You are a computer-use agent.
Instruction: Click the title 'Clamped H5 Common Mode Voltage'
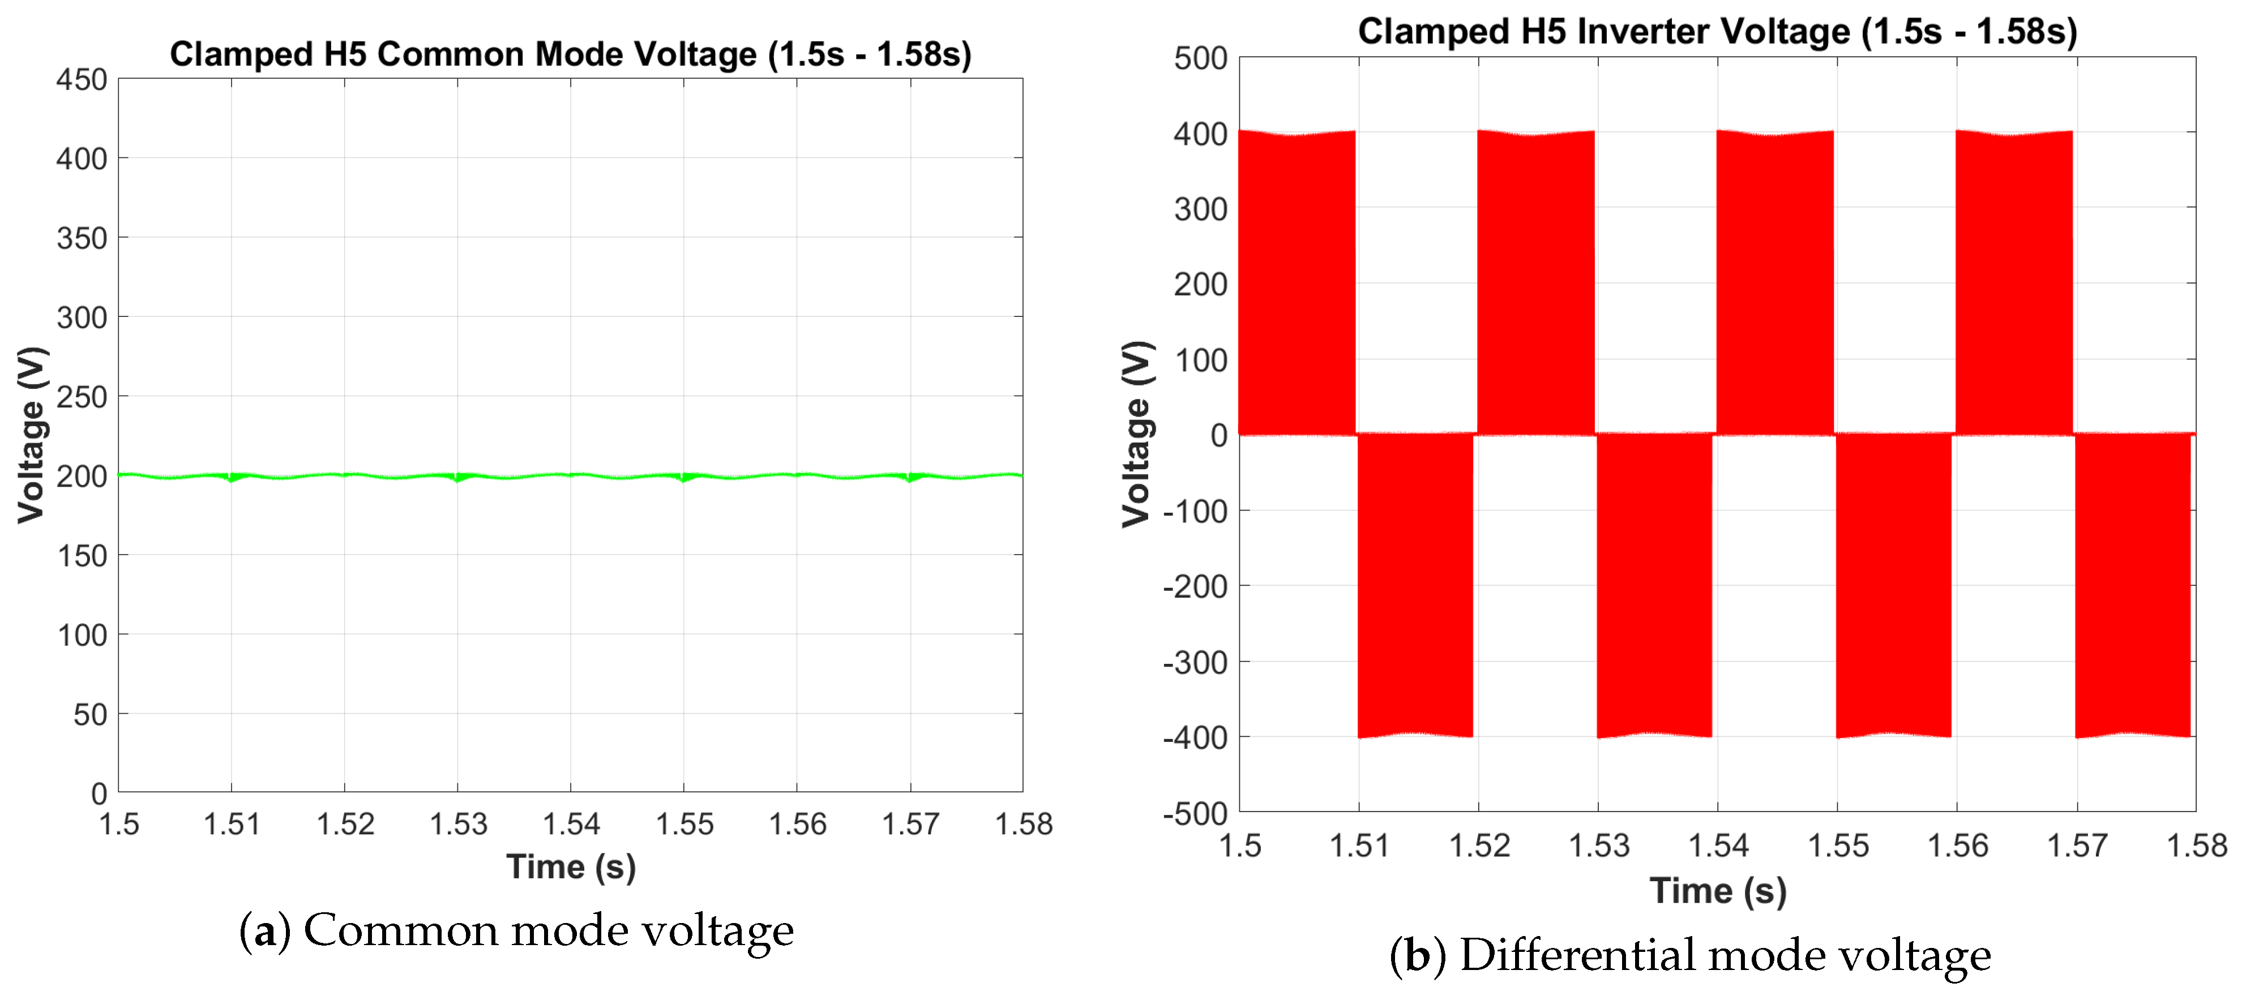click(570, 54)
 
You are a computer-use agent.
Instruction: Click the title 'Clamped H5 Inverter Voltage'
click(1716, 31)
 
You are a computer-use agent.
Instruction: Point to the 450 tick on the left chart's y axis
click(82, 80)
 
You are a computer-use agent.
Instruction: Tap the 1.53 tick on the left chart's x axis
click(458, 823)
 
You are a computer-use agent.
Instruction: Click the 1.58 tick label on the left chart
click(1024, 823)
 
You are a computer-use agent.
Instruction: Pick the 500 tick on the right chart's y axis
click(1200, 59)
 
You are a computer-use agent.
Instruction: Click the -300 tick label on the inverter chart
click(1195, 662)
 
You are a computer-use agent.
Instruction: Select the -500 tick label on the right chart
click(1195, 814)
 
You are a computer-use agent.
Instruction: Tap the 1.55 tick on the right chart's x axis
click(1837, 845)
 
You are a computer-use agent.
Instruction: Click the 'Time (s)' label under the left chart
click(571, 867)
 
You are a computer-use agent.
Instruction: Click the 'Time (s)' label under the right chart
click(1717, 890)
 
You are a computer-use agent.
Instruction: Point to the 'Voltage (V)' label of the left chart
click(31, 435)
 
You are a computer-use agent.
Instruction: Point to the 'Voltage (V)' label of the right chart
click(1137, 434)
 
